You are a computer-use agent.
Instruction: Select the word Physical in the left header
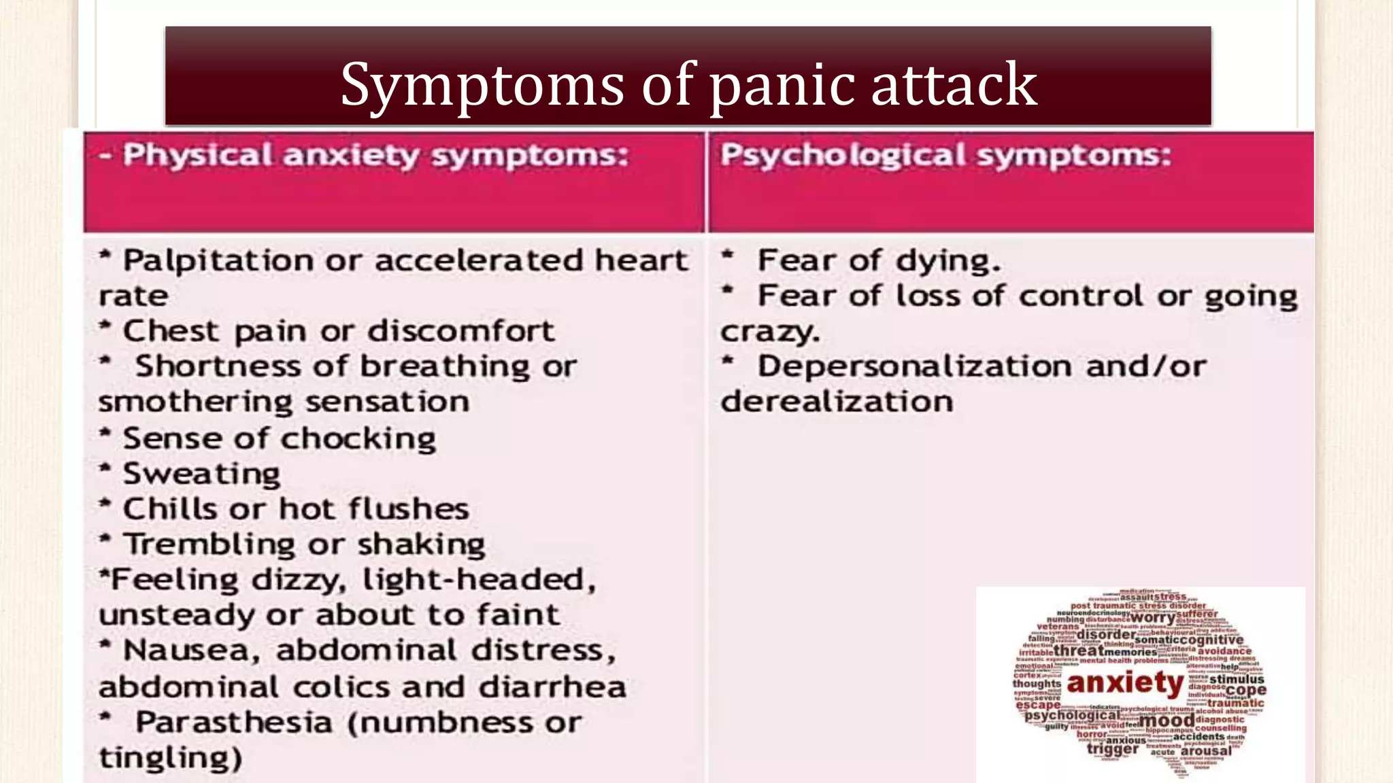point(197,156)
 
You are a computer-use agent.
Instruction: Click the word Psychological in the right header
point(843,156)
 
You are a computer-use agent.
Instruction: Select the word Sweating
point(201,474)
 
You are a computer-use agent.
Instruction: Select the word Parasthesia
point(233,723)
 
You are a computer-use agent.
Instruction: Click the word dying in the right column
point(947,261)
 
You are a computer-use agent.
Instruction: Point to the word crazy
point(770,332)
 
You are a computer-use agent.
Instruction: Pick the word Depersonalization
point(915,367)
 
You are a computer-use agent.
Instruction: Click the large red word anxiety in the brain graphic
point(1126,683)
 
